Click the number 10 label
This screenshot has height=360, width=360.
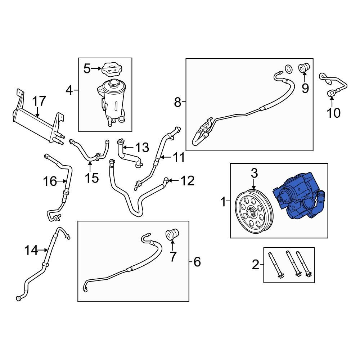[334, 113]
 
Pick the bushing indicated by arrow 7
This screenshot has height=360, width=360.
[172, 234]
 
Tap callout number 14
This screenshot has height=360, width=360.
[31, 250]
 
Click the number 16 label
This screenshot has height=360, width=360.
[50, 181]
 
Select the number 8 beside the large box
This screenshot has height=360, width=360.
[177, 103]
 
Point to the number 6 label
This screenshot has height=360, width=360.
[197, 262]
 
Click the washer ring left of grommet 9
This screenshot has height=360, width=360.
[288, 68]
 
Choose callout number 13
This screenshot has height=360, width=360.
[141, 147]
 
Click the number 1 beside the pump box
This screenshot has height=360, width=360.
[223, 202]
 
